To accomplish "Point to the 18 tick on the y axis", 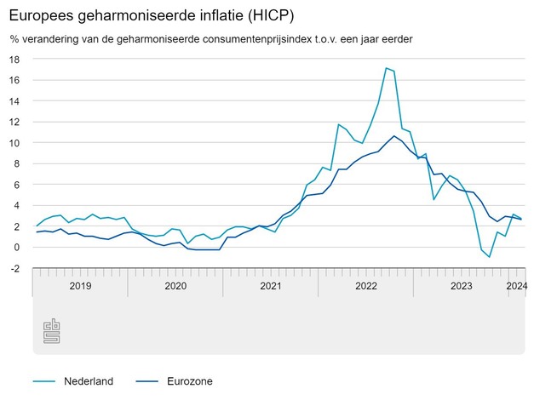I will tap(15, 60).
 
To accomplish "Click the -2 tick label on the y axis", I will tap(15, 268).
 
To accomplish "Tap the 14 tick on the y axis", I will tap(15, 101).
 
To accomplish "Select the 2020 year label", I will tap(175, 287).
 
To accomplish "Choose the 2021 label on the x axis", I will tap(270, 287).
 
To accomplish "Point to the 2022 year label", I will tap(365, 287).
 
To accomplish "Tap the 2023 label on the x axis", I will tap(461, 287).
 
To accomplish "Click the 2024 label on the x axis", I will tap(516, 287).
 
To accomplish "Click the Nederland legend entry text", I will tap(89, 381).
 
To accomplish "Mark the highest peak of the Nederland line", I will tap(386, 68).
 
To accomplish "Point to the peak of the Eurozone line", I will tap(393, 136).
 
